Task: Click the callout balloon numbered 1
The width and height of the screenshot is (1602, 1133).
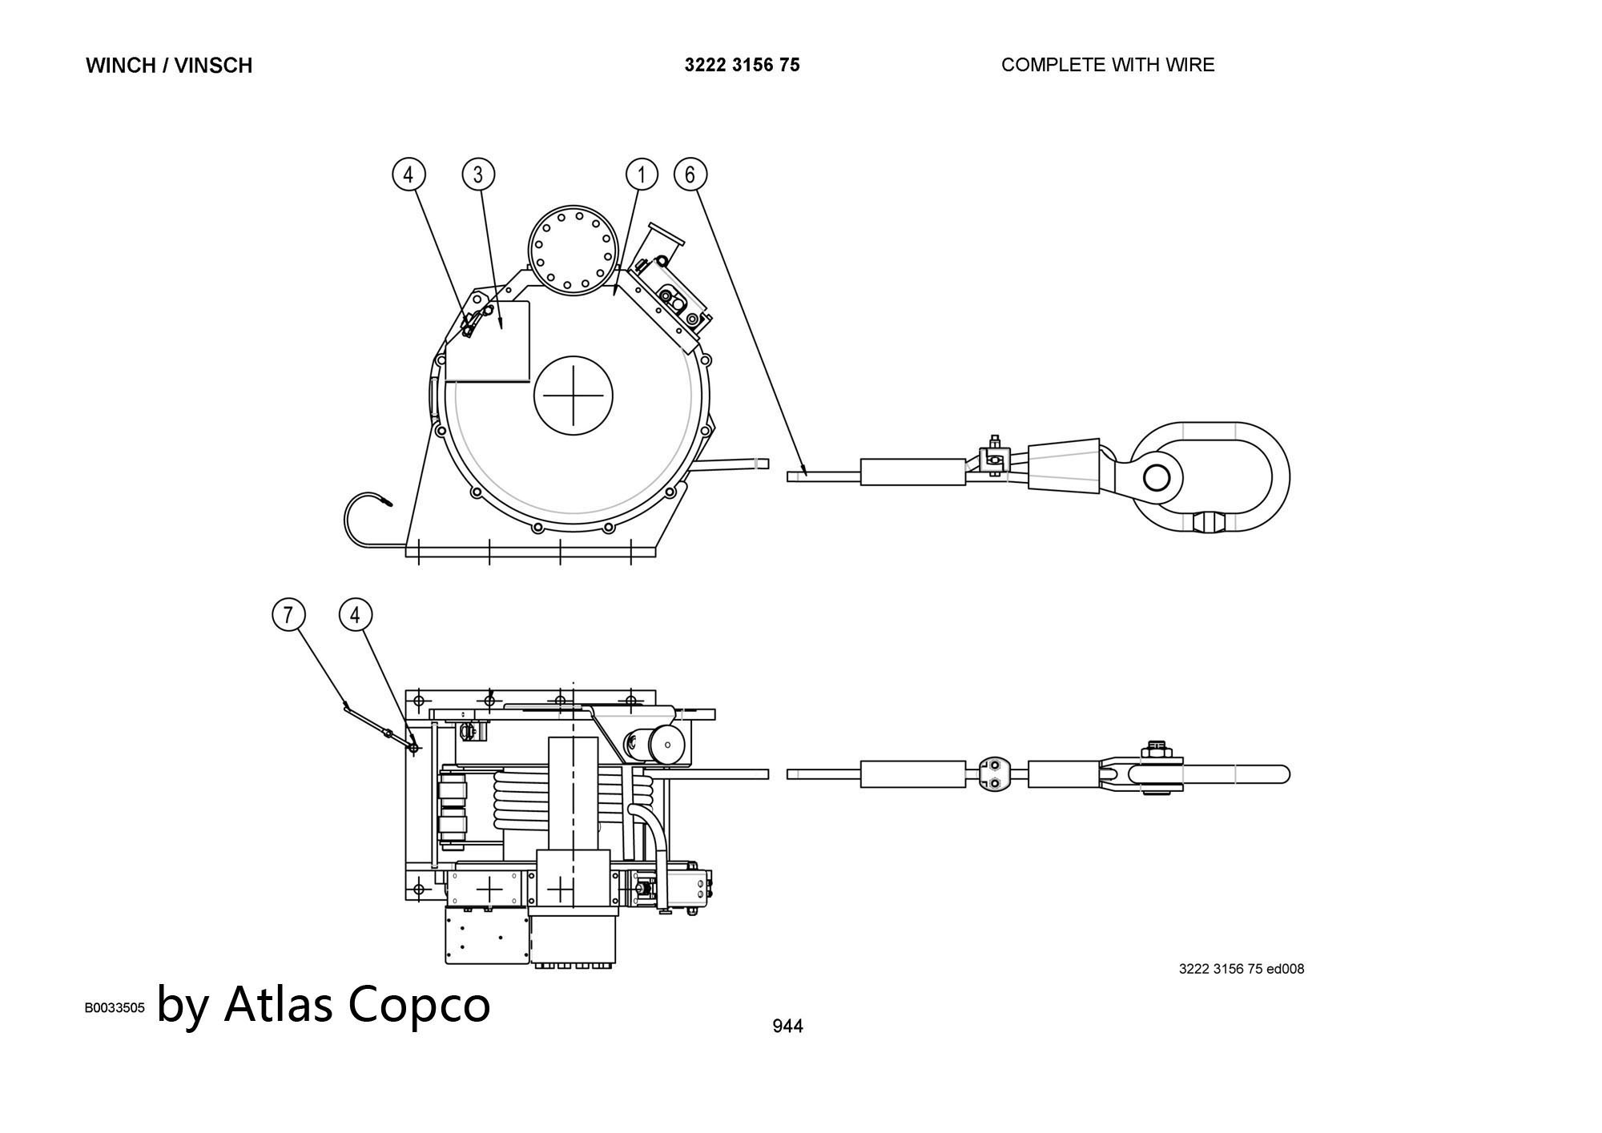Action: click(x=641, y=175)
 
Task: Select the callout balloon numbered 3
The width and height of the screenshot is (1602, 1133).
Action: click(x=478, y=175)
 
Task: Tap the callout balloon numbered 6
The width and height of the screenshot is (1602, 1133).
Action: click(x=690, y=175)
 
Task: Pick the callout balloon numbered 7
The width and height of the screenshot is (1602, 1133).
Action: click(x=288, y=615)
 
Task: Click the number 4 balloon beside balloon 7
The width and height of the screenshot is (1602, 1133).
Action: click(x=356, y=615)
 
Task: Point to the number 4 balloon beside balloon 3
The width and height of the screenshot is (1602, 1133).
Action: click(x=409, y=175)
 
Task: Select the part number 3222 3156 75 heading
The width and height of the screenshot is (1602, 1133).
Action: click(x=742, y=65)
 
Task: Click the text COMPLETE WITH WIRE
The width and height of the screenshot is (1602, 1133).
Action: click(x=1107, y=65)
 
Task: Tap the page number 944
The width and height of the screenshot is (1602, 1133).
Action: click(x=787, y=1026)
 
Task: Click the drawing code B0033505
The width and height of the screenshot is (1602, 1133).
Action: click(x=115, y=1008)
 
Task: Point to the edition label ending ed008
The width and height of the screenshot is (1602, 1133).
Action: click(x=1241, y=969)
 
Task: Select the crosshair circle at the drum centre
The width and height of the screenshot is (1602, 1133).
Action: click(x=573, y=396)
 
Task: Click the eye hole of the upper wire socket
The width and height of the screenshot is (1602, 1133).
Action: click(x=1156, y=478)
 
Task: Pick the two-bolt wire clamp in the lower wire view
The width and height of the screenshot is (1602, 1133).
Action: click(x=993, y=774)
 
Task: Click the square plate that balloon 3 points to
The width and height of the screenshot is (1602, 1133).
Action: click(x=489, y=343)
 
